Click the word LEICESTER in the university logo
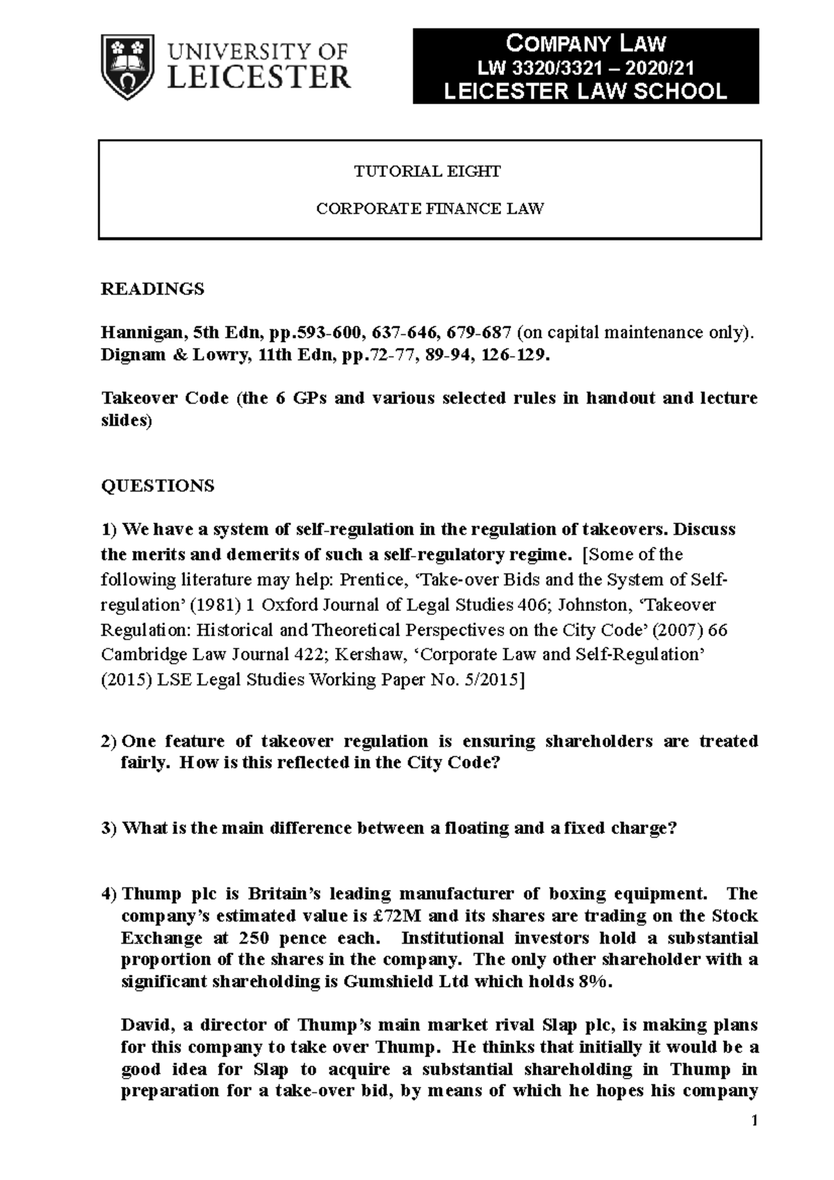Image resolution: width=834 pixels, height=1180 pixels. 259,78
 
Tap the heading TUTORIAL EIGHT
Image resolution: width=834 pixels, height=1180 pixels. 427,172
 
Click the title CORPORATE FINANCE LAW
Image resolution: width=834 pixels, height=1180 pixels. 430,208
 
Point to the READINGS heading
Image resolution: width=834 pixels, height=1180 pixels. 153,289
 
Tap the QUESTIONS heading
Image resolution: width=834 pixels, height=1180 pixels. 158,486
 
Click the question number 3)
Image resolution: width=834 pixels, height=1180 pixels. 109,828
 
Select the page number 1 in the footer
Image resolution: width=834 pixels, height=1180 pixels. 754,1121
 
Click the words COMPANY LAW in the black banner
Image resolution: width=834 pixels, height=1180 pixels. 585,44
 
